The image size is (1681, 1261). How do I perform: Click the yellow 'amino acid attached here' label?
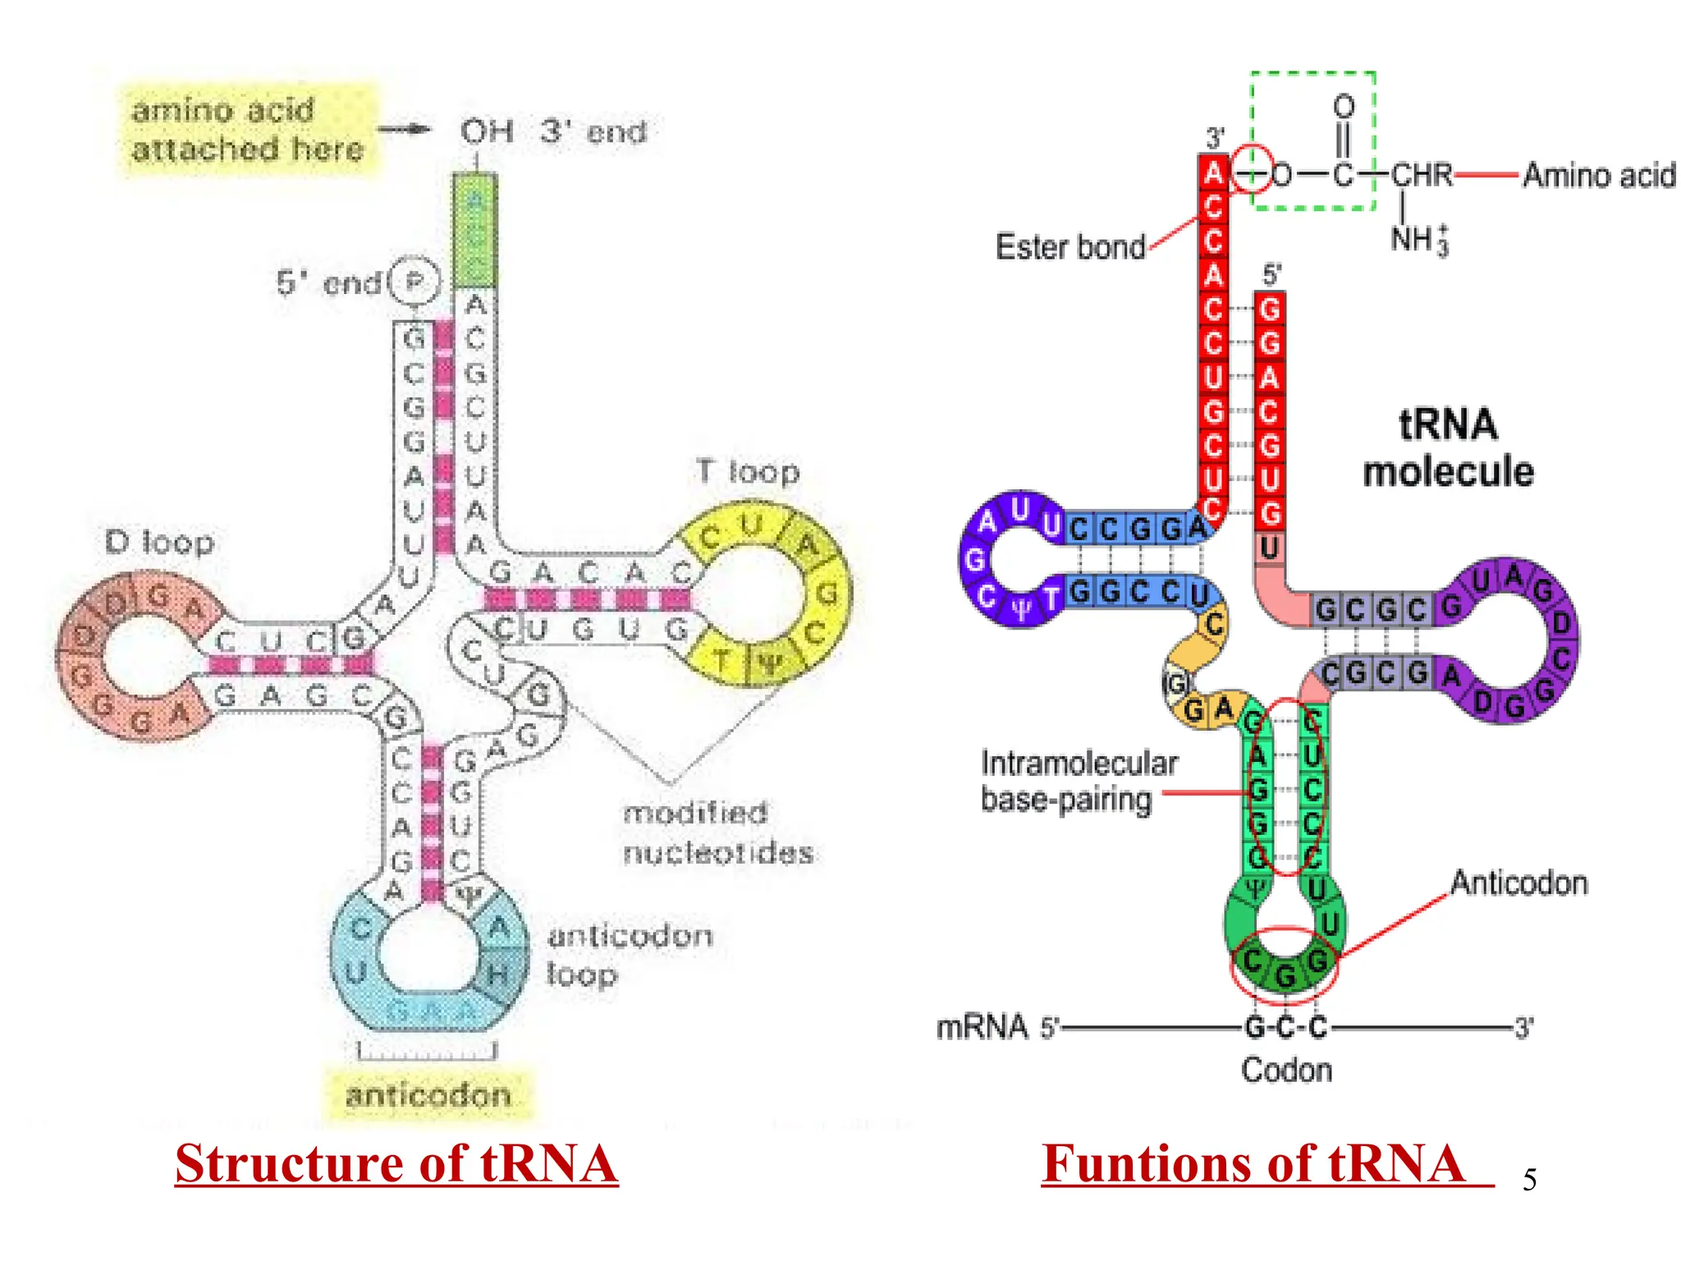point(247,130)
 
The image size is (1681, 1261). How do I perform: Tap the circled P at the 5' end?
point(415,282)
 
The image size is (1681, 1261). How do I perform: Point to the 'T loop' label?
point(748,471)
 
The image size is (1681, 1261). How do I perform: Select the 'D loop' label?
point(159,543)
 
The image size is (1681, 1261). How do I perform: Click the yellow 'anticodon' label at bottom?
point(428,1094)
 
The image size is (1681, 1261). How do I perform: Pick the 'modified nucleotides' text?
point(717,832)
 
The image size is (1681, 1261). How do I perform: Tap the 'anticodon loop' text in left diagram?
point(629,955)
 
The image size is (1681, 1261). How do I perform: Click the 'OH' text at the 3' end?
point(487,131)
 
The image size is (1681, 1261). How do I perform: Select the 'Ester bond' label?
point(1070,247)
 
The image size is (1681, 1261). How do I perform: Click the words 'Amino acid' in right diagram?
point(1598,176)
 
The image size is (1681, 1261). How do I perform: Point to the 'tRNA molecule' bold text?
point(1448,448)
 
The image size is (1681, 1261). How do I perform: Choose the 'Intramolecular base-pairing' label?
point(1078,781)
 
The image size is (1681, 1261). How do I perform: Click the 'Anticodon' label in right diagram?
point(1518,883)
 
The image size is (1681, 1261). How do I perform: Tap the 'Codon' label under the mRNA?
point(1286,1070)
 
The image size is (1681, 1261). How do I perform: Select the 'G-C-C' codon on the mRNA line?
point(1285,1027)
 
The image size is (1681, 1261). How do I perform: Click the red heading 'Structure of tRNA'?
point(396,1163)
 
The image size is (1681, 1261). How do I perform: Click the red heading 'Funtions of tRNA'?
point(1253,1163)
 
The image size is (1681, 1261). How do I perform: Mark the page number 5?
point(1529,1181)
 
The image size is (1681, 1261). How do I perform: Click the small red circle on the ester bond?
point(1253,169)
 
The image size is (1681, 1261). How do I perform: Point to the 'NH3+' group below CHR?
point(1418,240)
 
